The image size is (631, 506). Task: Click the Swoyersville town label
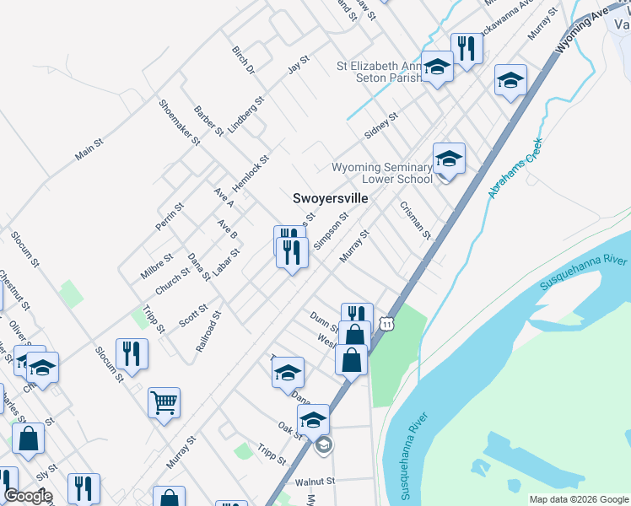pos(330,198)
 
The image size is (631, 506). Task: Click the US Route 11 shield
pos(386,323)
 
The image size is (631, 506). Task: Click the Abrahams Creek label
pos(514,170)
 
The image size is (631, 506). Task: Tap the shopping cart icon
pos(164,401)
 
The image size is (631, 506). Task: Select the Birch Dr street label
pos(243,60)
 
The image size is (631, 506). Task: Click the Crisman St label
pos(416,219)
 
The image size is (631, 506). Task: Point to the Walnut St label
pos(315,482)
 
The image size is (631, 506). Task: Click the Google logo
pos(28,496)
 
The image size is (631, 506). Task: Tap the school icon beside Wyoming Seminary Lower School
pos(449,158)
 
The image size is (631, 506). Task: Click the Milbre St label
pos(157,265)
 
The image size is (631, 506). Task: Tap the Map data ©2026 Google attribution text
pos(578,499)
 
